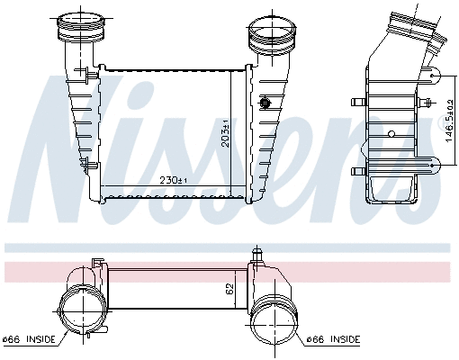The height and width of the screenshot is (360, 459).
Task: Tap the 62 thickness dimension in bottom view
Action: (231, 290)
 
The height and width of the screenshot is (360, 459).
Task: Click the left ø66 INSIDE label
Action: (29, 339)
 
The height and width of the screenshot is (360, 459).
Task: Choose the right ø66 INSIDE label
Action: (333, 339)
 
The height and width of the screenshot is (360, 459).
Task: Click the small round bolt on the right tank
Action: (265, 103)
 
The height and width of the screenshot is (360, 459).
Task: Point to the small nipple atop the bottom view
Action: (258, 256)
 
